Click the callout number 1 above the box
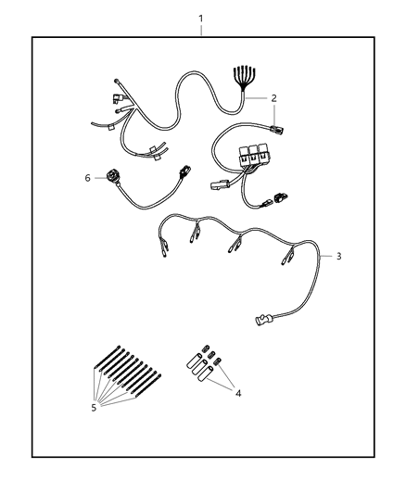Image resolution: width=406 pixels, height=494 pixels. (201, 19)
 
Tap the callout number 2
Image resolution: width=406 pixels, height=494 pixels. (273, 98)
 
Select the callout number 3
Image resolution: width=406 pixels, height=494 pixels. (338, 256)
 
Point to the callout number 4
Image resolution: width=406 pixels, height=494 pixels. (238, 393)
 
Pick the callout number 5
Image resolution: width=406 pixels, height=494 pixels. (94, 408)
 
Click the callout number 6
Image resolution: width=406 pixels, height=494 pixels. (87, 178)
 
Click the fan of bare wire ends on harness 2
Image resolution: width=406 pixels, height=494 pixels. (244, 78)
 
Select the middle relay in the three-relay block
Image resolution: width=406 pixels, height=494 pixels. (253, 155)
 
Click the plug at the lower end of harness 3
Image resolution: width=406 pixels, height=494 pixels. (264, 320)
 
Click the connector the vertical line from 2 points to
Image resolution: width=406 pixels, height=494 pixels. (275, 129)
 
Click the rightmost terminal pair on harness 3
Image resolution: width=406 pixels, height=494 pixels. (287, 256)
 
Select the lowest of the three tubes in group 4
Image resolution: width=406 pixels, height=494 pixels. (205, 374)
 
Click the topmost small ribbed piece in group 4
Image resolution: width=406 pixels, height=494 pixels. (207, 348)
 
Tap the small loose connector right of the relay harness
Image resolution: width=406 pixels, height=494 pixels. (281, 197)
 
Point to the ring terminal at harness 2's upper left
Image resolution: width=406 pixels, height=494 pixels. (117, 82)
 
